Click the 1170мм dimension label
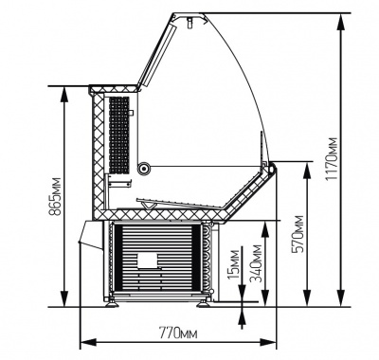coord(332,159)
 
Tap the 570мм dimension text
coord(298,234)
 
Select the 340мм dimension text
coord(256,263)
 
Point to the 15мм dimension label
coord(234,264)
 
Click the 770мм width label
coord(178,333)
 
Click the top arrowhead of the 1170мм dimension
coord(341,22)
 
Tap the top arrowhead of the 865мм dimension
coord(64,95)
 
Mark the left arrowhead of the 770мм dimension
coord(88,342)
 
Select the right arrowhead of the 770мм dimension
coord(268,342)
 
